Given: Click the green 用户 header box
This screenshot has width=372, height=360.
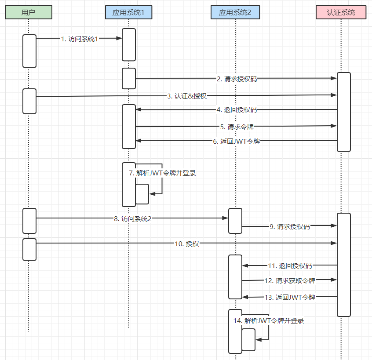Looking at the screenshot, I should point(28,12).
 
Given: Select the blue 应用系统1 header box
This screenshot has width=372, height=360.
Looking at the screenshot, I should point(128,12).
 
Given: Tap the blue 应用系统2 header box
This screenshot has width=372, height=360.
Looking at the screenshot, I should point(235,12).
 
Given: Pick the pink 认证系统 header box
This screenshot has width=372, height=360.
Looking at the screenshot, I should point(341,12).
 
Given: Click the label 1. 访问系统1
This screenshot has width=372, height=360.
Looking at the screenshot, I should point(80,39).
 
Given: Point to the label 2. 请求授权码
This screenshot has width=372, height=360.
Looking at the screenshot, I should point(237,79).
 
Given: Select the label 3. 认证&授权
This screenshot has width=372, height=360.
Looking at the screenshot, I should point(187,96).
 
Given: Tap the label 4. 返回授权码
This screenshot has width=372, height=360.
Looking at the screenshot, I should point(237,110).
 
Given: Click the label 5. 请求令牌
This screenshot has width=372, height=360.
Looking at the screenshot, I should point(237,127).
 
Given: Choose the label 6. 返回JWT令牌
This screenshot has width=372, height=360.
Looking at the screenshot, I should point(237,142).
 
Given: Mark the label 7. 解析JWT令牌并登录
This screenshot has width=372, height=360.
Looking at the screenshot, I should point(162,173).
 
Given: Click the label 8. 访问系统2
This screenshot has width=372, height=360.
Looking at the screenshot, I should point(132,218).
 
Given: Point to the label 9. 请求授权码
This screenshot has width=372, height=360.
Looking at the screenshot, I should point(290,227).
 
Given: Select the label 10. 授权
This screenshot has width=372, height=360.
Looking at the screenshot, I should point(187,244).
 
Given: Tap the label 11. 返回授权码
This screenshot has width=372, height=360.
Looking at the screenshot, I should point(290,265).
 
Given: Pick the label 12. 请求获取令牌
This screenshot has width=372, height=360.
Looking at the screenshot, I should point(290,280).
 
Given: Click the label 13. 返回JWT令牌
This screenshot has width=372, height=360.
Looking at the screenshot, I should point(290,297).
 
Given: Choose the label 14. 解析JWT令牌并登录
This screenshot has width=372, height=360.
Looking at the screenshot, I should point(269,321).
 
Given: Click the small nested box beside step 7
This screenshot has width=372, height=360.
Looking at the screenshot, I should point(142,194).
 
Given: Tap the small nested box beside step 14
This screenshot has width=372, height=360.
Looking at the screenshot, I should point(248,339).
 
